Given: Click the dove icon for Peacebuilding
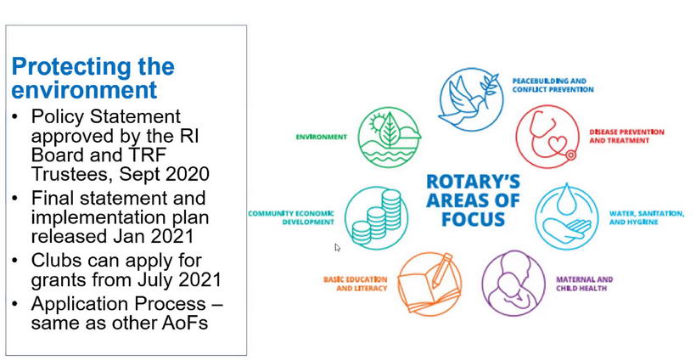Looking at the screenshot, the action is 471,99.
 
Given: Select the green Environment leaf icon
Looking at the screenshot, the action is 390,138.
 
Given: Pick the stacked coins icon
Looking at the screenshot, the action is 376,218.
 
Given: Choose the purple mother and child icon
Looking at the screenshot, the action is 514,284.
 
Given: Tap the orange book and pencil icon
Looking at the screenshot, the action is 429,284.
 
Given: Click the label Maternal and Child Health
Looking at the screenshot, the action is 584,284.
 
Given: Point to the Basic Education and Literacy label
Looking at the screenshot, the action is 355,284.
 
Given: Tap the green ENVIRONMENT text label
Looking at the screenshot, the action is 322,138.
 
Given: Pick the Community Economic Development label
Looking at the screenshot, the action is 291,217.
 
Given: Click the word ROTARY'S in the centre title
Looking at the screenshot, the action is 473,182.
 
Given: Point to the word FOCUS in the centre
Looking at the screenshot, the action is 473,219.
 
